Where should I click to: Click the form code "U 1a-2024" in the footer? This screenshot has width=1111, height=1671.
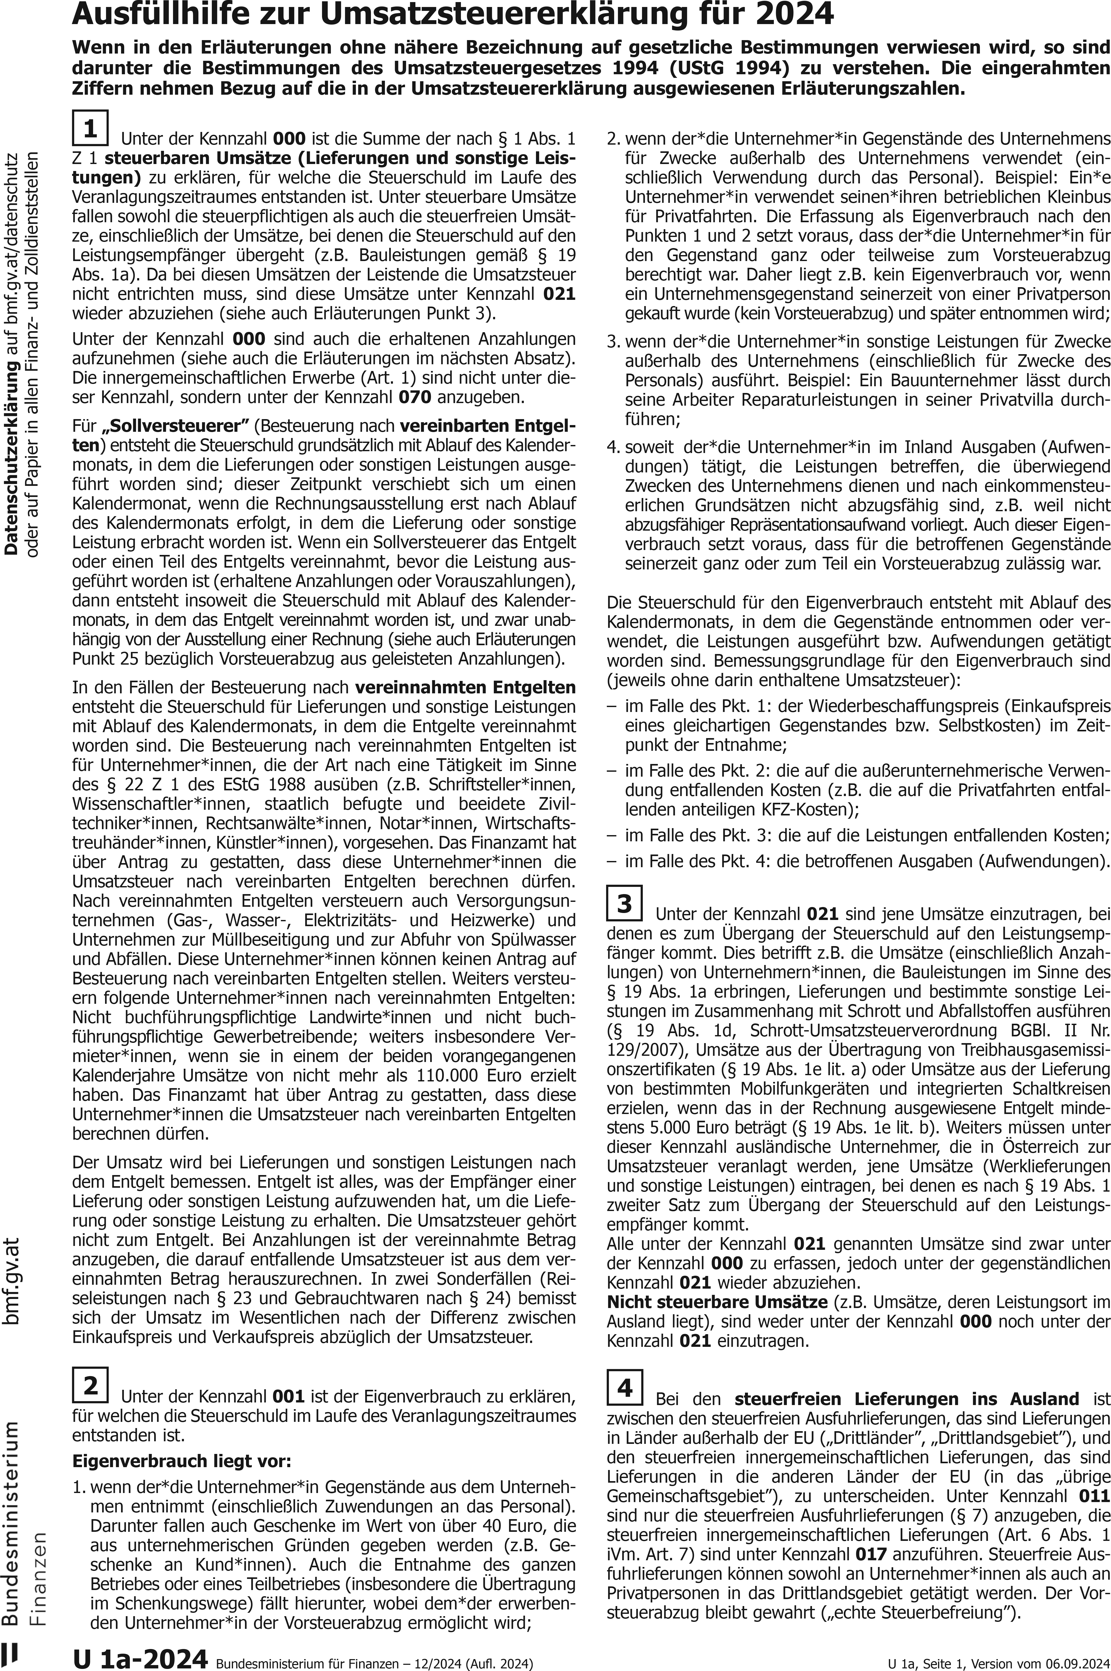click(x=140, y=1656)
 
